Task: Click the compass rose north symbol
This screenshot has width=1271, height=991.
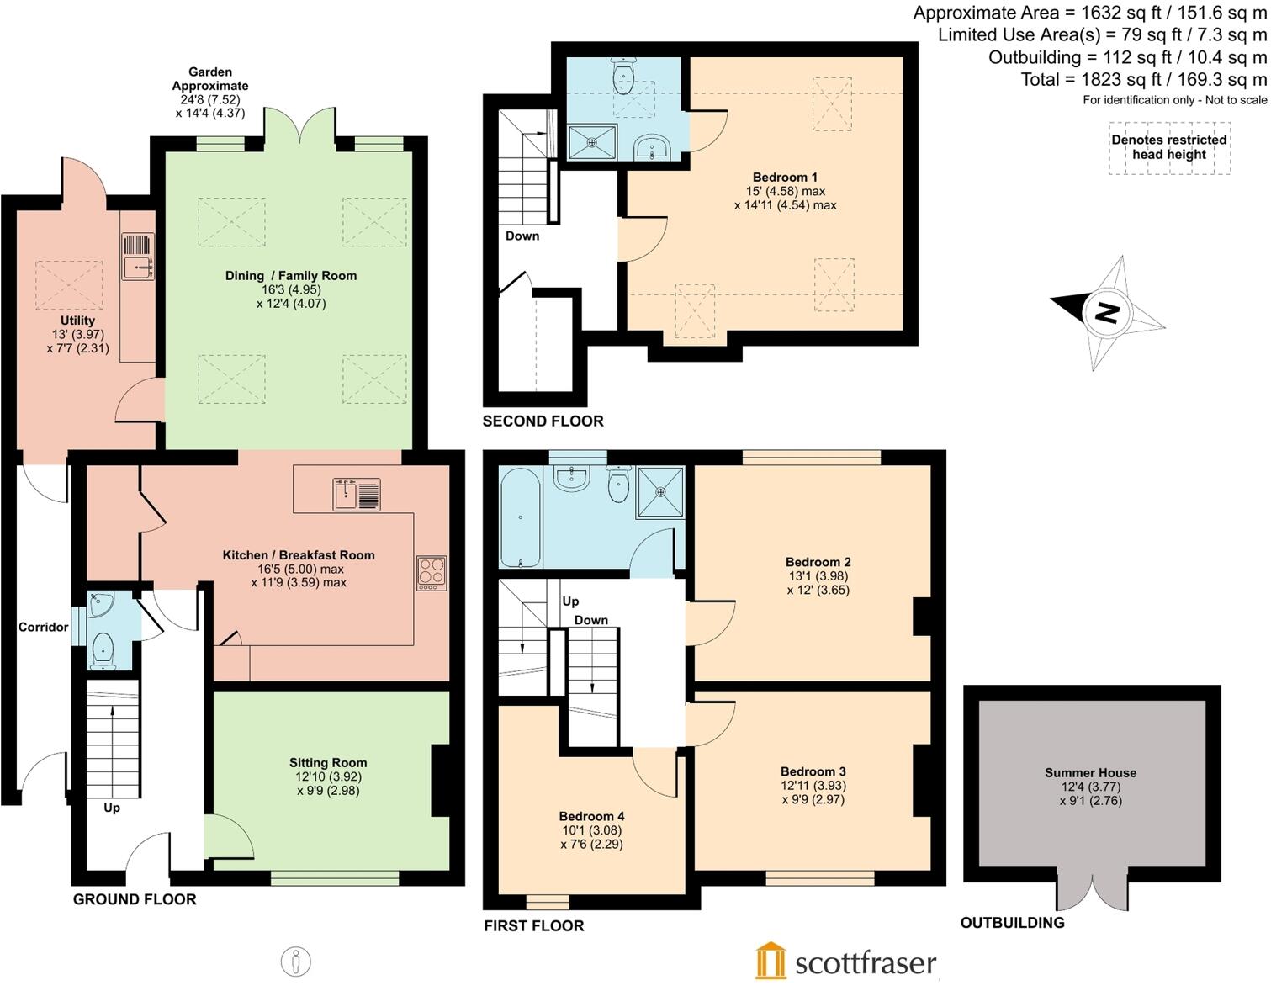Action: [1108, 313]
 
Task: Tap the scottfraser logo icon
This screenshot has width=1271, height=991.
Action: [770, 962]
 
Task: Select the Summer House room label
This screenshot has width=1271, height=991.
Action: [1090, 772]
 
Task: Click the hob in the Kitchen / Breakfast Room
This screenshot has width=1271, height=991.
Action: [432, 572]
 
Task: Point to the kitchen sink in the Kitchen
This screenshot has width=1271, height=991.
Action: [357, 494]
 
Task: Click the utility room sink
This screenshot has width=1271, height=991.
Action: [138, 256]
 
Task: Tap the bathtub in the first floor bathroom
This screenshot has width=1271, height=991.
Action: [521, 517]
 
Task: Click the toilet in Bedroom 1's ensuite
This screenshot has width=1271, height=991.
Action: [623, 77]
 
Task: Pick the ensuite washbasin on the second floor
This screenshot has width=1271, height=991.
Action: [651, 148]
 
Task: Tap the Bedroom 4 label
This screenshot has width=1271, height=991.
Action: [591, 816]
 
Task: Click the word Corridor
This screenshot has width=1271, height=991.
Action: [44, 627]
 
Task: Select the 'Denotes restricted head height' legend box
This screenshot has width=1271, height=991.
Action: [1168, 148]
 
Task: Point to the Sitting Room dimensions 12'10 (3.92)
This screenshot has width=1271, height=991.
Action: [328, 776]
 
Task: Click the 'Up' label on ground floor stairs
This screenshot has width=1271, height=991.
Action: [111, 808]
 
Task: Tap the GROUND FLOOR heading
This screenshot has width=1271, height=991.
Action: [135, 899]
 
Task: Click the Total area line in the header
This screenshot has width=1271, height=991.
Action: [1143, 80]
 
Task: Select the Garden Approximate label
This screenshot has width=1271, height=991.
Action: [210, 79]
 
